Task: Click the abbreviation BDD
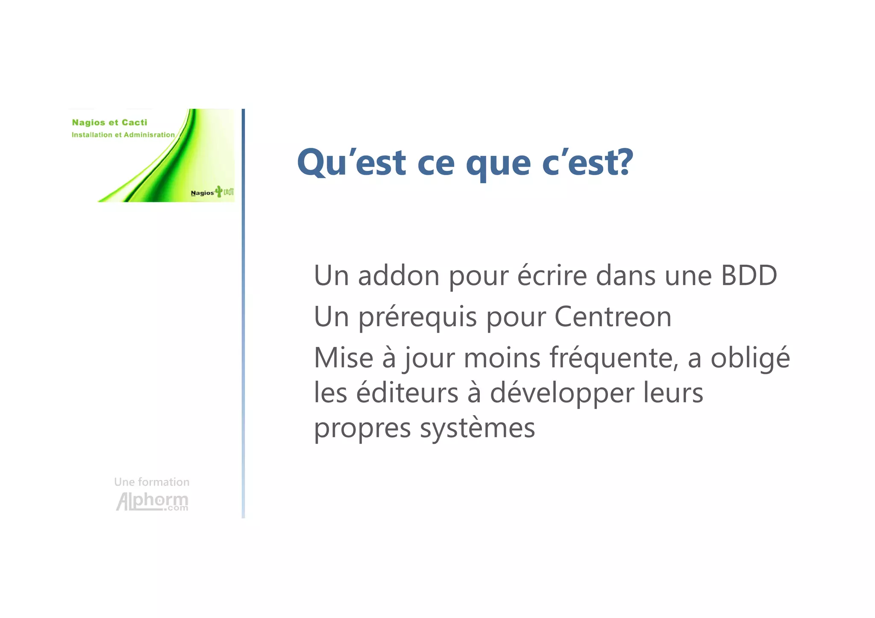tap(749, 275)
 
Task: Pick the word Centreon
tap(613, 316)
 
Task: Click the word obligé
tap(750, 358)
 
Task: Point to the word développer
tap(562, 394)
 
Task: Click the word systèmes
tap(477, 428)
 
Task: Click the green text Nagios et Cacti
tap(109, 123)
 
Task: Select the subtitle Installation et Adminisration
tap(123, 135)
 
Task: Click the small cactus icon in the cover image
tap(219, 191)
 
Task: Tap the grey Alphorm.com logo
tap(152, 501)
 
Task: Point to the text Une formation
tap(152, 482)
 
